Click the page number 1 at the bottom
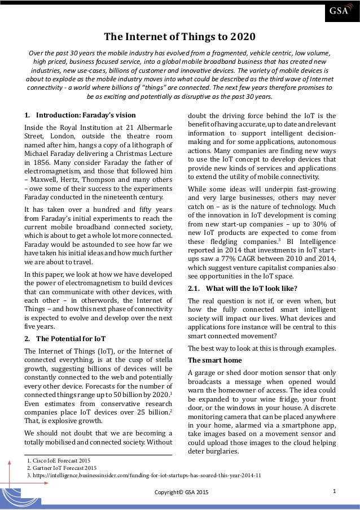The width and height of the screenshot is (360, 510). [335, 491]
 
